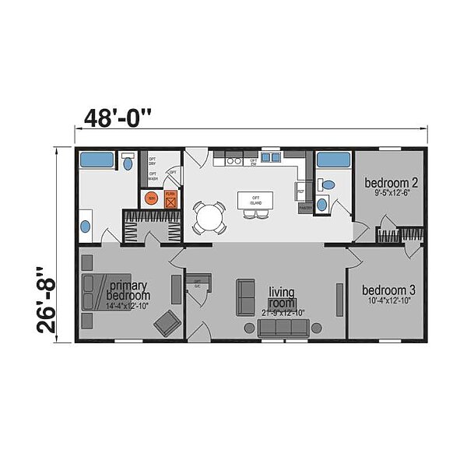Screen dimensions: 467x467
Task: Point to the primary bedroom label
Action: (x=128, y=290)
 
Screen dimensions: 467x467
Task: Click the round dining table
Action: (x=208, y=217)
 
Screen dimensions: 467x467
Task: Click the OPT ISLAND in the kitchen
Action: (x=253, y=200)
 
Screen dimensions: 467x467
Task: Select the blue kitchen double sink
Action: (x=270, y=157)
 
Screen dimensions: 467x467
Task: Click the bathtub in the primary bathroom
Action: (x=97, y=161)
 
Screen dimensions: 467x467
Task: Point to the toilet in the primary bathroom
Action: (x=128, y=163)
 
